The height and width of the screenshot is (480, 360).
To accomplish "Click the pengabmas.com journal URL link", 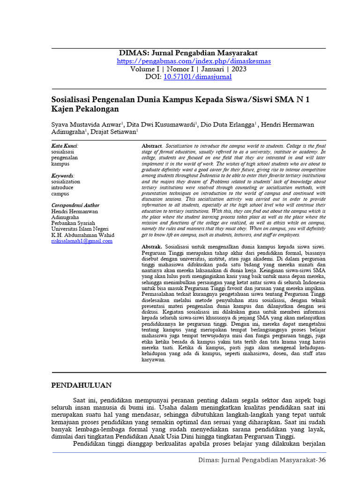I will [x=194, y=61].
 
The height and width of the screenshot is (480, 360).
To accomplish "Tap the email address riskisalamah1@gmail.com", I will [x=82, y=241].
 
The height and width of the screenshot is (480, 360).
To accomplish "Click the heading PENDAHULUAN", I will [x=81, y=385].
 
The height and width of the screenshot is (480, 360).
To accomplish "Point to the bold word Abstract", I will [x=151, y=147].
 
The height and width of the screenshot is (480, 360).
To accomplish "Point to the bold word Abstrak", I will [x=151, y=247].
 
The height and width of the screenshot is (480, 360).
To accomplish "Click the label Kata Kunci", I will [x=64, y=146].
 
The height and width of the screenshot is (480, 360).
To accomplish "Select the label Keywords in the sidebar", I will [x=62, y=176].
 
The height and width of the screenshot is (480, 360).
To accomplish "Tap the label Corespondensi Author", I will [x=75, y=205].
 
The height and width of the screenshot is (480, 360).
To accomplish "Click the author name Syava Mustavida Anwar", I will [x=86, y=124].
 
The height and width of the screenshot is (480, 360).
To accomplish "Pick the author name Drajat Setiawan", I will [x=113, y=132].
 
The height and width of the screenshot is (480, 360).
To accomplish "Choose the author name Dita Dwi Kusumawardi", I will [x=161, y=124].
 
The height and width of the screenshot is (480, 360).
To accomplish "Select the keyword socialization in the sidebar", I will [x=66, y=181].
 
